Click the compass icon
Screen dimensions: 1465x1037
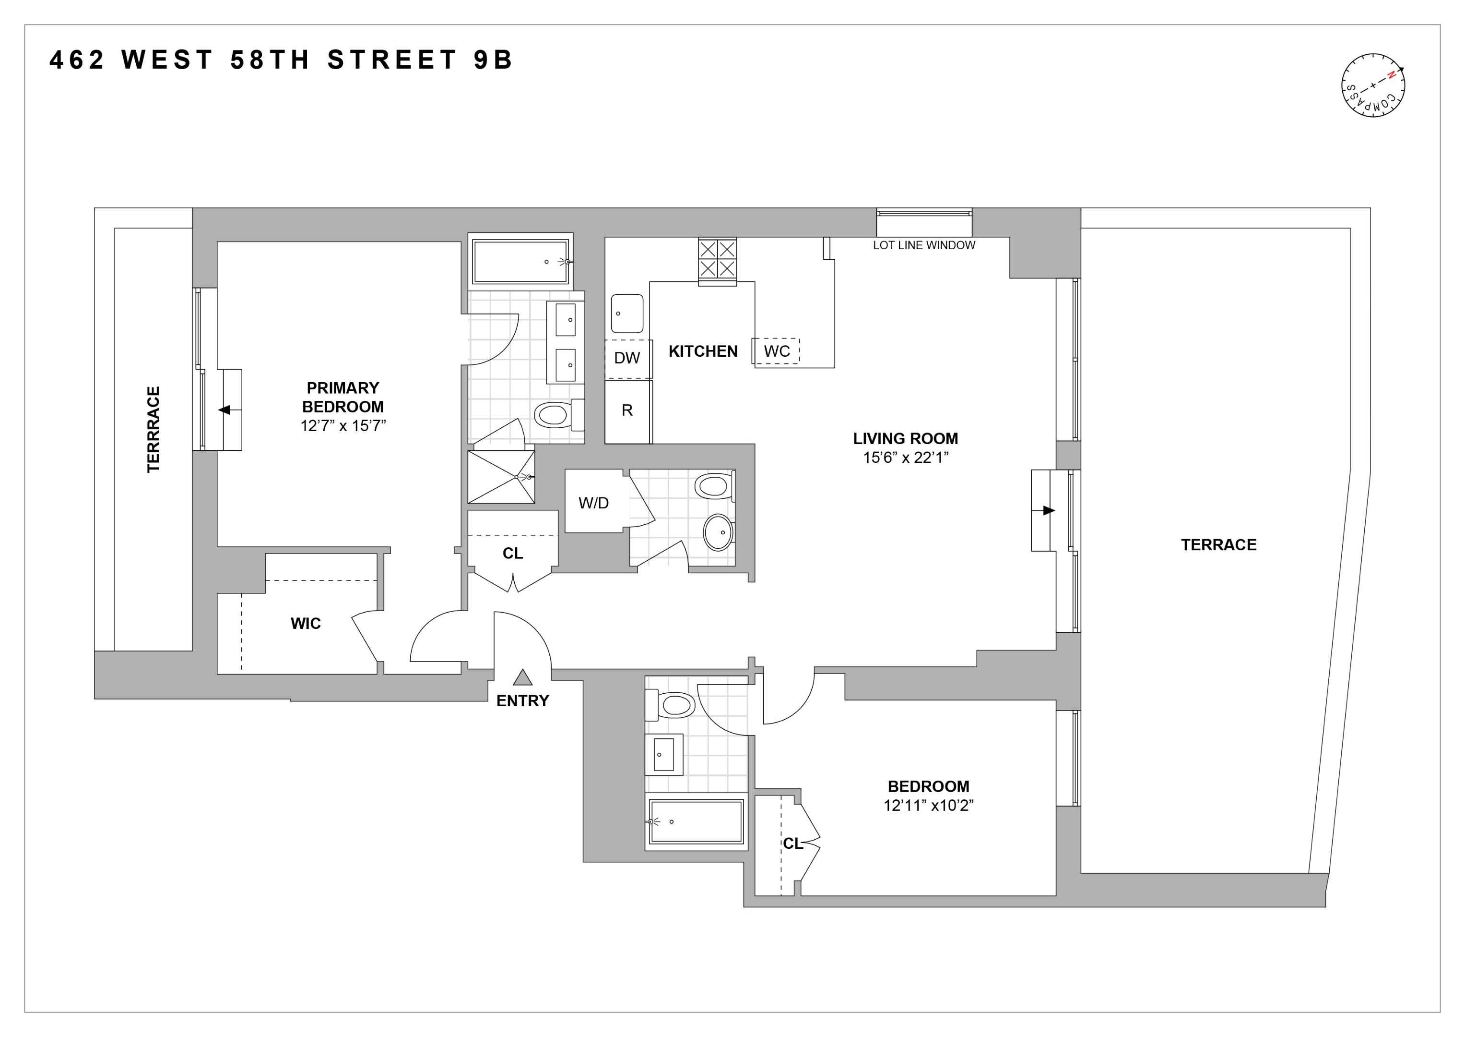[x=1372, y=85]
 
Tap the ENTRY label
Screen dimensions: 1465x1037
[x=522, y=700]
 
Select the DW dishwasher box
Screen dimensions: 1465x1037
[x=627, y=358]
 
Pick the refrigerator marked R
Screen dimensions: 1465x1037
[x=627, y=410]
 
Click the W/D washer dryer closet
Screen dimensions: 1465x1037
[x=593, y=503]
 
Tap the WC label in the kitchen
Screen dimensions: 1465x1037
[x=777, y=351]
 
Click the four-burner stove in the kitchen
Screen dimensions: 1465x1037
[x=717, y=259]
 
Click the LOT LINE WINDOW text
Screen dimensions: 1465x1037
[x=924, y=245]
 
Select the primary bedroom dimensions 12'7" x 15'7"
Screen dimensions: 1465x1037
[x=343, y=426]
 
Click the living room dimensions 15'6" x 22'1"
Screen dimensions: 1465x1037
[x=905, y=457]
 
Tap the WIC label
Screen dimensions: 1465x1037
[x=306, y=624]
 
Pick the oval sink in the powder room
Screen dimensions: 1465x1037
[x=719, y=532]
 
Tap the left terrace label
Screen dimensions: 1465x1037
[x=153, y=429]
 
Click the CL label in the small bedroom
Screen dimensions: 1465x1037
[x=792, y=844]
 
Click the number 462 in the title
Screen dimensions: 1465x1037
[x=77, y=60]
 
